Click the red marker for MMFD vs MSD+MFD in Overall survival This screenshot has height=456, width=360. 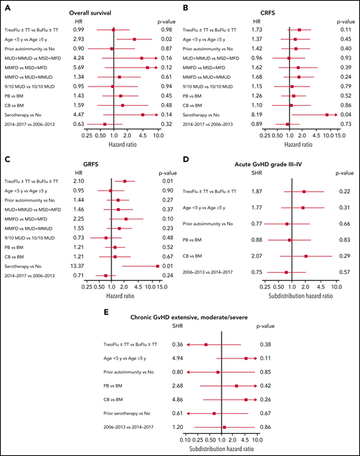tap(147, 68)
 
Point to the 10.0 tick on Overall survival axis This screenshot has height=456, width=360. tap(159, 136)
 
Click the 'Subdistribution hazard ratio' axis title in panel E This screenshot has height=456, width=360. tap(220, 448)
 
